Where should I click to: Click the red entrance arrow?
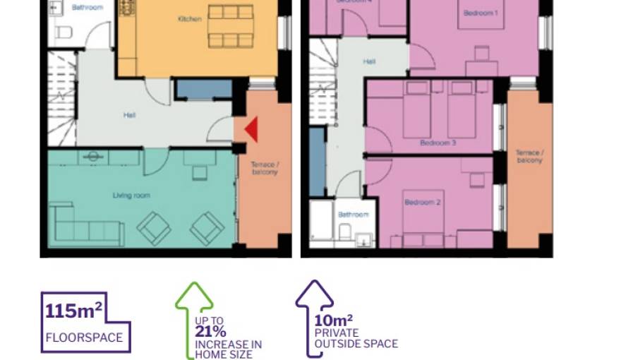click(x=251, y=129)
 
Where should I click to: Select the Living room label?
click(x=132, y=196)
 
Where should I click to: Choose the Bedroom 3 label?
click(x=438, y=143)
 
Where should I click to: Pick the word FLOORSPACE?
click(x=84, y=337)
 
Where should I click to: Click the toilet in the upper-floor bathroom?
click(x=346, y=232)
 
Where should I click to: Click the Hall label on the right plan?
click(x=369, y=62)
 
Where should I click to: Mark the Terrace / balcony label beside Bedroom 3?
click(x=529, y=156)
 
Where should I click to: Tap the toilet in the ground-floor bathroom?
click(x=64, y=32)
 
